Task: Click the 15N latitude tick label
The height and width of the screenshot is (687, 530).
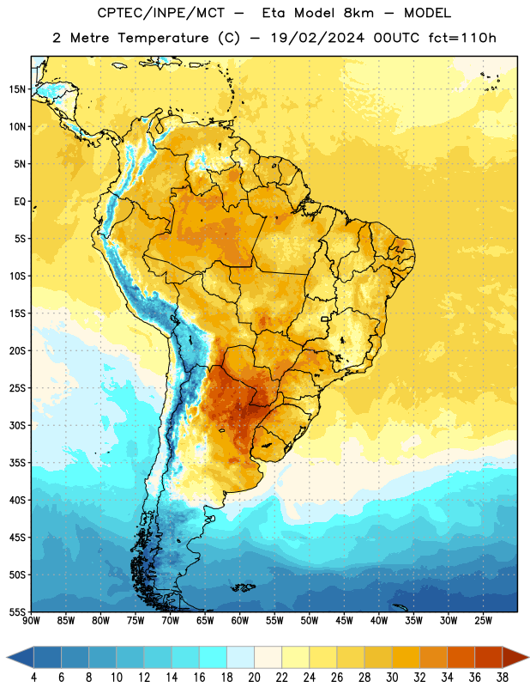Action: coord(17,89)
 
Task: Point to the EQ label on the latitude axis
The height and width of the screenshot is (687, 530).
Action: coord(20,202)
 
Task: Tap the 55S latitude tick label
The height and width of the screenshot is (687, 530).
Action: coord(17,611)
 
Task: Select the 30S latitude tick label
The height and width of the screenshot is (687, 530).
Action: coord(17,425)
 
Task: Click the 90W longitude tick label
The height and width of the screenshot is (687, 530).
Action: coord(31,620)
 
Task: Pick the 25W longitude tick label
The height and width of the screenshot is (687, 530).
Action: coord(483,620)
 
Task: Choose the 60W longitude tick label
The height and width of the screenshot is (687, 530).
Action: coord(240,620)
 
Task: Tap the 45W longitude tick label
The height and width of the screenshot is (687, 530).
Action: coord(344,620)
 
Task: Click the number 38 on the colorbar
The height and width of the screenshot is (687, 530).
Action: coord(502,678)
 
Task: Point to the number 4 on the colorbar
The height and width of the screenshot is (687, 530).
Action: coord(33,678)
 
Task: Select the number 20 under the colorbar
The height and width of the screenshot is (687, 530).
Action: coord(254,678)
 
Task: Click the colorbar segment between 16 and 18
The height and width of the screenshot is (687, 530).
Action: coord(214,657)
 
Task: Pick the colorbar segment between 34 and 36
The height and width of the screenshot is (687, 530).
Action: coord(461,657)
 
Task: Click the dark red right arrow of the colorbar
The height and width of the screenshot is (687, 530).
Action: coord(515,657)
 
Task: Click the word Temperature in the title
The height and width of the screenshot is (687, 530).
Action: coord(163,39)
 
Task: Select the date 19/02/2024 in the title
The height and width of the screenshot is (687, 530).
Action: coord(317,39)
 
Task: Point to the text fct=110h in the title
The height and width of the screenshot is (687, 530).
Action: coord(462,38)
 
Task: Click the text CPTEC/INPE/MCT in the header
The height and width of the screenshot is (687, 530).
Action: coord(160,13)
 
